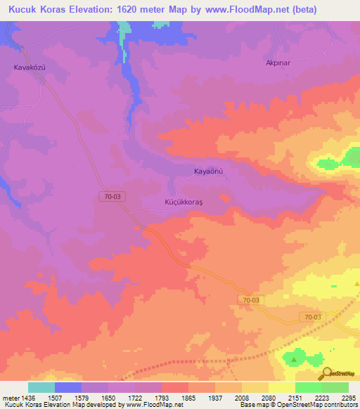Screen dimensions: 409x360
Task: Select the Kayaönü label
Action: pos(208,171)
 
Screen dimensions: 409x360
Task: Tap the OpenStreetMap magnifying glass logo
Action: pos(326,375)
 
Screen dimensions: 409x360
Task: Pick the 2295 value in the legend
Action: pos(349,398)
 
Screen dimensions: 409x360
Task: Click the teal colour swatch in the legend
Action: pos(41,387)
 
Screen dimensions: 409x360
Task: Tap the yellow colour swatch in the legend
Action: pos(281,387)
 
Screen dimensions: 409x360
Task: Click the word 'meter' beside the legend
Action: pos(11,398)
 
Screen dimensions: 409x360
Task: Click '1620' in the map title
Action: pos(132,10)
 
